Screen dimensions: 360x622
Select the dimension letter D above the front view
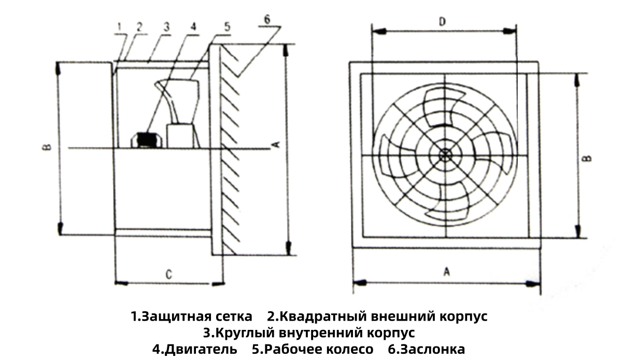(442, 22)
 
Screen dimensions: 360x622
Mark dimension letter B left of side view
(46, 147)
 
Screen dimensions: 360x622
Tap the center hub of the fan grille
(445, 155)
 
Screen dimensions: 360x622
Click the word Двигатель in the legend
(196, 349)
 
